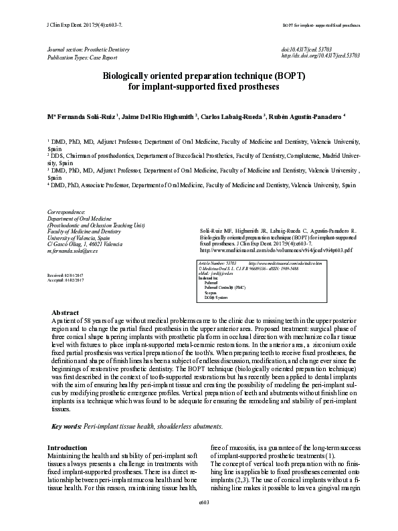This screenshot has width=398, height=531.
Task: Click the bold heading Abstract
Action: pos(65,313)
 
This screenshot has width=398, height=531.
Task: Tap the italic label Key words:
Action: pos(67,426)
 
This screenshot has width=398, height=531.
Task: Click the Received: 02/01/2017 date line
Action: pos(65,276)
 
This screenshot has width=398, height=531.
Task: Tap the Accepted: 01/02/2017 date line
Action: pos(65,280)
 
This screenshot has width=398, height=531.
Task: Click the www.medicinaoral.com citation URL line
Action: pos(258,250)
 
